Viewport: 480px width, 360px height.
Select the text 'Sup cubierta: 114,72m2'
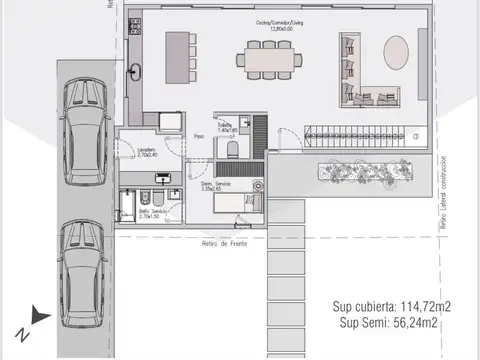pyautogui.click(x=390, y=306)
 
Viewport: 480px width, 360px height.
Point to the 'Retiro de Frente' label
pyautogui.click(x=224, y=243)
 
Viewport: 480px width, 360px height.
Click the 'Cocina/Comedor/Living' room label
pyautogui.click(x=279, y=23)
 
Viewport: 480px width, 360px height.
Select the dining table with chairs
pyautogui.click(x=271, y=58)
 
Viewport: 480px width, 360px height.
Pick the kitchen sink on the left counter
pyautogui.click(x=136, y=70)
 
